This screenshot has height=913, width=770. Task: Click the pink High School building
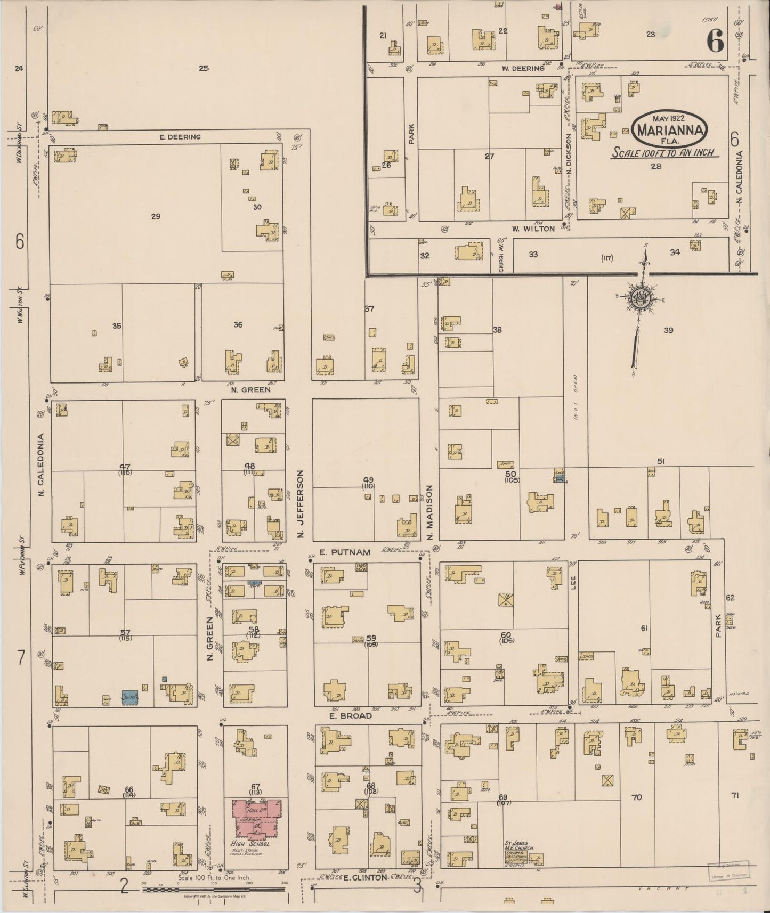click(257, 818)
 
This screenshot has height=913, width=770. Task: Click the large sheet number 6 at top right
click(715, 40)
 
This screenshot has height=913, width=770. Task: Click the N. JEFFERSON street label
click(301, 503)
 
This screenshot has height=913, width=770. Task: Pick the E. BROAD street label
click(350, 716)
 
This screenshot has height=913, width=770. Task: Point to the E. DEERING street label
click(180, 137)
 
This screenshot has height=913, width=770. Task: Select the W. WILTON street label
click(533, 229)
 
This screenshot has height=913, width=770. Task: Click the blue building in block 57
click(130, 697)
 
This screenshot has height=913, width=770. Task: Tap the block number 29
click(156, 216)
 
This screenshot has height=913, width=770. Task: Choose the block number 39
click(668, 330)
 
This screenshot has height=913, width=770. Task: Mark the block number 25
click(203, 68)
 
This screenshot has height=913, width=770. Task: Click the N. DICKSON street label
click(569, 154)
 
